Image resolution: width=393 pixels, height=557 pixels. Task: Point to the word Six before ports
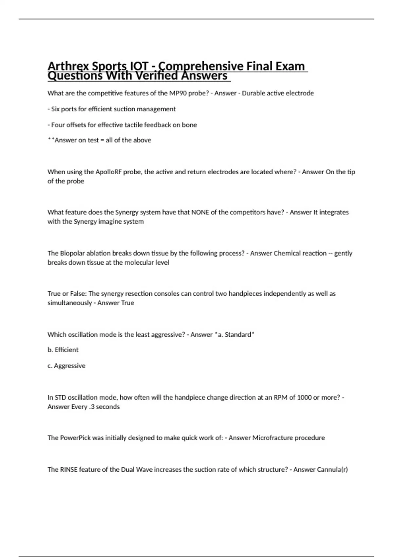point(55,109)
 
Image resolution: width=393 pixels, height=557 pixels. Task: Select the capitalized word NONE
point(200,212)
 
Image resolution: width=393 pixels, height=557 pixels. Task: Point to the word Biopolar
point(71,253)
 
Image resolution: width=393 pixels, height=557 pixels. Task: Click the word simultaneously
point(69,303)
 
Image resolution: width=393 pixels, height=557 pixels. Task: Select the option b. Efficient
point(63,350)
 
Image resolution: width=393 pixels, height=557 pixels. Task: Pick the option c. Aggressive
point(66,366)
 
